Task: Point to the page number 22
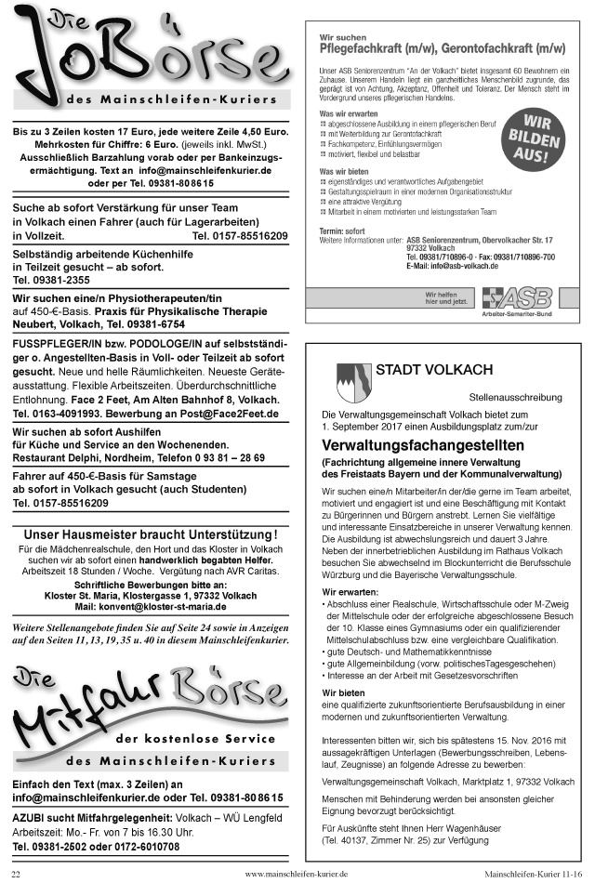click(x=15, y=875)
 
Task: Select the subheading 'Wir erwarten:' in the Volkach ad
click(x=350, y=591)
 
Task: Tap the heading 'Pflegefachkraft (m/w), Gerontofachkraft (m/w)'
click(x=442, y=46)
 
